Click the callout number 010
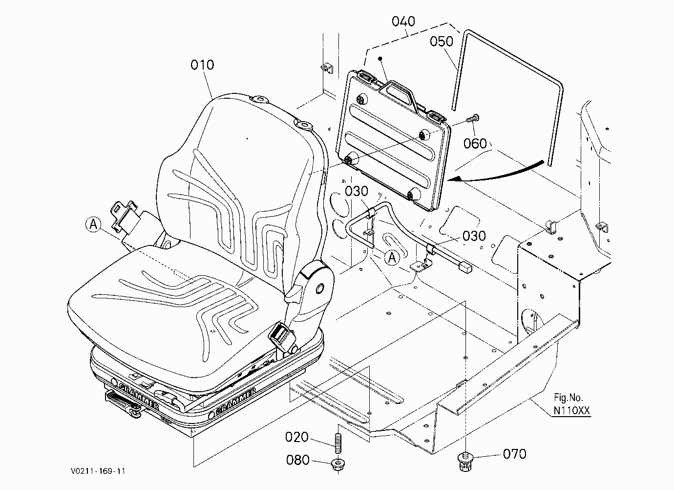coord(202,65)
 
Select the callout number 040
coord(403,22)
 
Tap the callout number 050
coord(441,41)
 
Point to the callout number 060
coord(475,143)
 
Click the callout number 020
coord(296,437)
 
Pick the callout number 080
coord(297,460)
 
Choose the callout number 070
coord(514,454)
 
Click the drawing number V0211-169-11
coord(98,471)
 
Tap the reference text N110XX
coord(571,410)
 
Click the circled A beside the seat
coord(93,224)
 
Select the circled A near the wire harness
coord(392,258)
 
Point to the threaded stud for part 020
coord(338,443)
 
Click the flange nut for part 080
coord(338,464)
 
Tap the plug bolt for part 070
coord(465,461)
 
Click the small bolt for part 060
coord(473,118)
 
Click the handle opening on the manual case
coord(398,94)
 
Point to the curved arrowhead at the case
coord(454,179)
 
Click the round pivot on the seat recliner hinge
coord(319,289)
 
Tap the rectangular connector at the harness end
coord(464,267)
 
